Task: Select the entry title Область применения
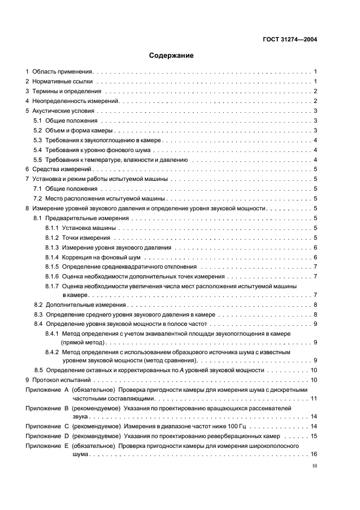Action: [63, 71]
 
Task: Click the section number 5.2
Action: [38, 130]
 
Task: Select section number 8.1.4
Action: [52, 257]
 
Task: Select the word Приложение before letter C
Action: [42, 427]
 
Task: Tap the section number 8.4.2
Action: [52, 351]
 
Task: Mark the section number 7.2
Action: [38, 199]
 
